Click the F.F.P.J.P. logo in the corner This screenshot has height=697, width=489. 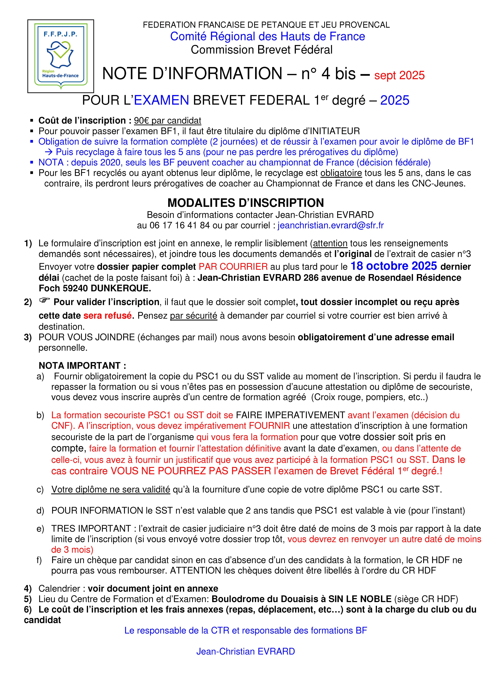click(x=61, y=56)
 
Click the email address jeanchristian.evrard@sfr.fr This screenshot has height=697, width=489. click(x=330, y=225)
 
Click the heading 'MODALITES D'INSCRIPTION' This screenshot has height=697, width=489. click(x=246, y=203)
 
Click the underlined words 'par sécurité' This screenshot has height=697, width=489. click(x=193, y=316)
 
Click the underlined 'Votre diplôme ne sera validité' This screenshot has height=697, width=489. click(x=111, y=489)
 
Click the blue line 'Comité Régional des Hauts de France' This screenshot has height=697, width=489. click(x=267, y=36)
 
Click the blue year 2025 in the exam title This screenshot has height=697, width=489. click(x=395, y=101)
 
